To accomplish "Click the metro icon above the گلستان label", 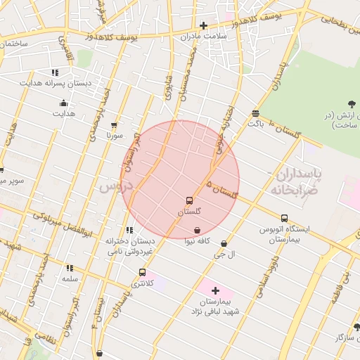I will [189, 200].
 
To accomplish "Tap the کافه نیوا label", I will [198, 241].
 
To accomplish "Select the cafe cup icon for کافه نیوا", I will [198, 230].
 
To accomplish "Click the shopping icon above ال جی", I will [224, 243].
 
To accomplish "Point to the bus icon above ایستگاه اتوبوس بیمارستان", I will [284, 218].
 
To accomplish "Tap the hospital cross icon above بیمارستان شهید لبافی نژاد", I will [215, 290].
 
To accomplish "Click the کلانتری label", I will [141, 283].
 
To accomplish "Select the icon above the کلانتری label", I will [142, 272].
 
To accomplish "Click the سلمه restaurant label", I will [69, 279].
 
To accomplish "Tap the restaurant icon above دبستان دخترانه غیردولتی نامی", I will [129, 230].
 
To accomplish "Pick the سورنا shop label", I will [115, 134].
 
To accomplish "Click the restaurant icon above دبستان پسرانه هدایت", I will [55, 72].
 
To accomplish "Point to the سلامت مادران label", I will [204, 36].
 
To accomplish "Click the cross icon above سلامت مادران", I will [204, 25].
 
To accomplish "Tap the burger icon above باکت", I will [255, 112].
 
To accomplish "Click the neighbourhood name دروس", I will [115, 187].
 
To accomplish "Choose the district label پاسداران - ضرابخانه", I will [294, 181].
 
